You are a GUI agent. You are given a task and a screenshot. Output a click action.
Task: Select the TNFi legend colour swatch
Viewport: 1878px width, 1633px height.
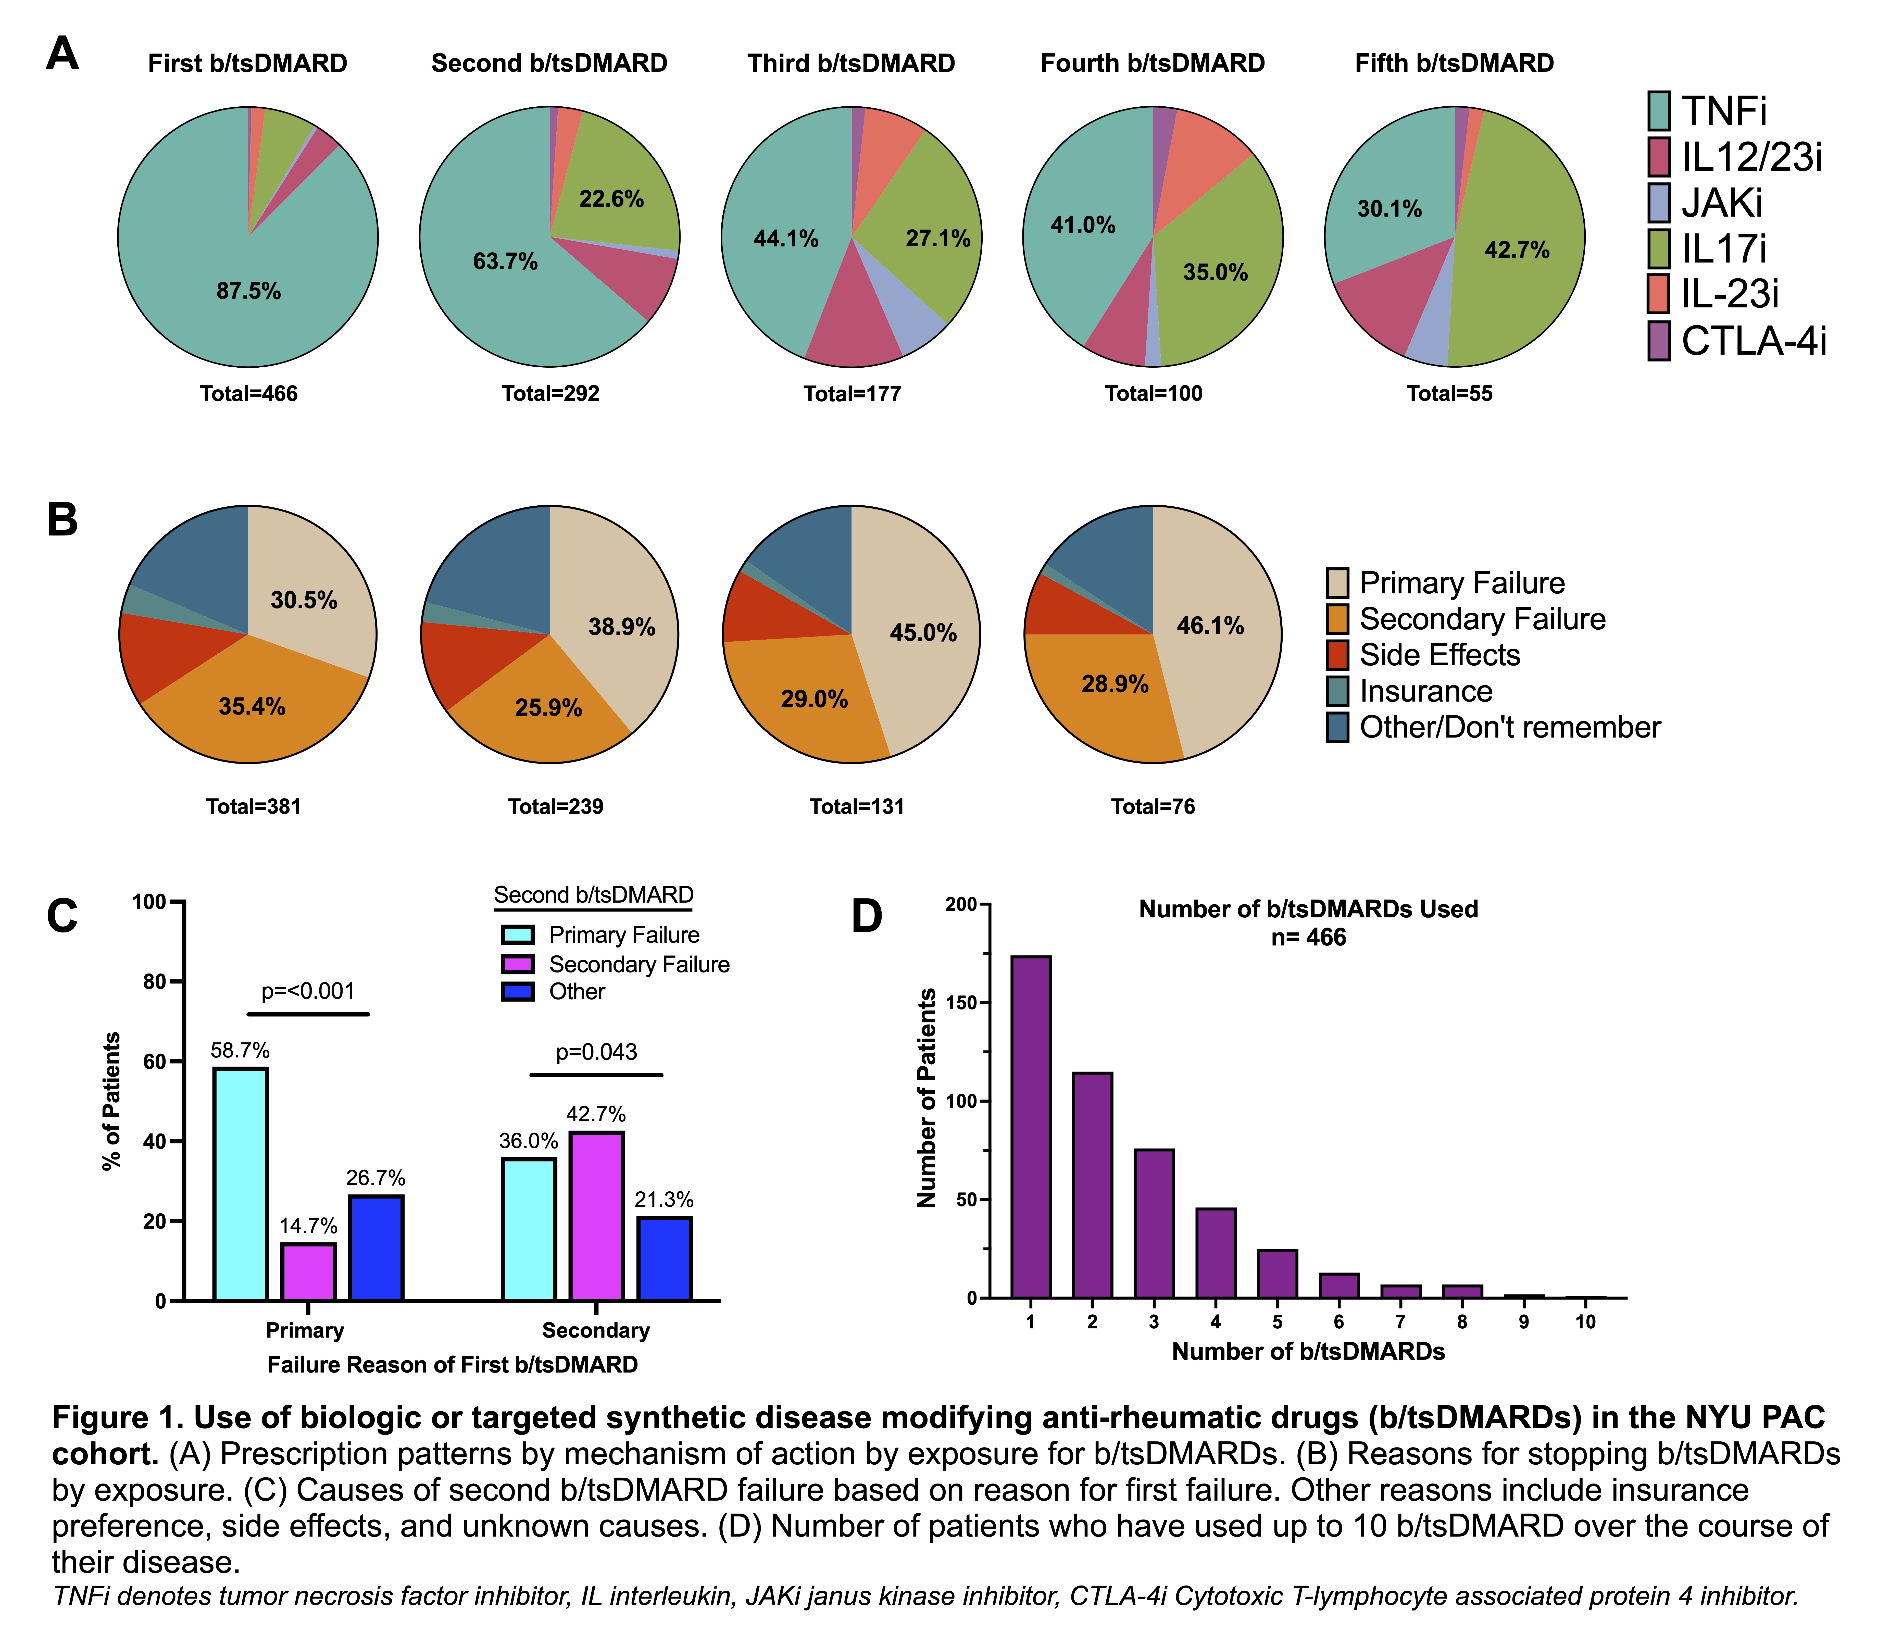point(1659,111)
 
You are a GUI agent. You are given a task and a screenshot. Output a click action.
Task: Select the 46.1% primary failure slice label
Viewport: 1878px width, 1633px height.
point(1210,626)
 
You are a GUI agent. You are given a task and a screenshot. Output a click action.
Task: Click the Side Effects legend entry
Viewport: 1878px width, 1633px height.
point(1440,655)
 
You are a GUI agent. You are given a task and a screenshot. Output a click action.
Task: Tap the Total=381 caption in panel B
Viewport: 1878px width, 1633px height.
point(253,806)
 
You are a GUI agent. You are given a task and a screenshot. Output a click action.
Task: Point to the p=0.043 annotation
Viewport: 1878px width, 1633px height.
point(597,1053)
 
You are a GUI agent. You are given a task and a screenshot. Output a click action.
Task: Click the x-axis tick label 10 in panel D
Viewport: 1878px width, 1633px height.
point(1585,1322)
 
